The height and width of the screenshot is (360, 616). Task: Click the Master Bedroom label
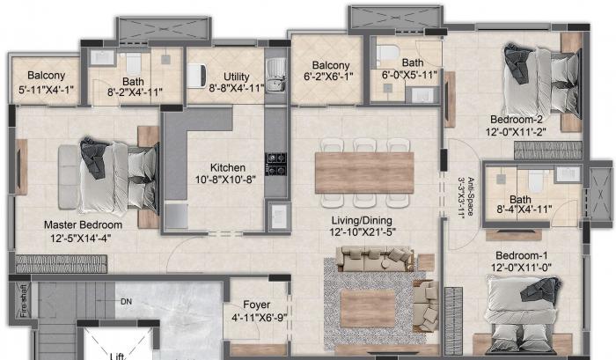click(x=83, y=224)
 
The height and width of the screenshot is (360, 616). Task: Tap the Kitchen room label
click(x=227, y=168)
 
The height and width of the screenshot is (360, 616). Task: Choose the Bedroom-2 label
click(x=517, y=120)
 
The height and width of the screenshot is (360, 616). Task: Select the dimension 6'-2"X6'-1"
click(x=327, y=77)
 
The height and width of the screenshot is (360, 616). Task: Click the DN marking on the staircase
click(x=127, y=302)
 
